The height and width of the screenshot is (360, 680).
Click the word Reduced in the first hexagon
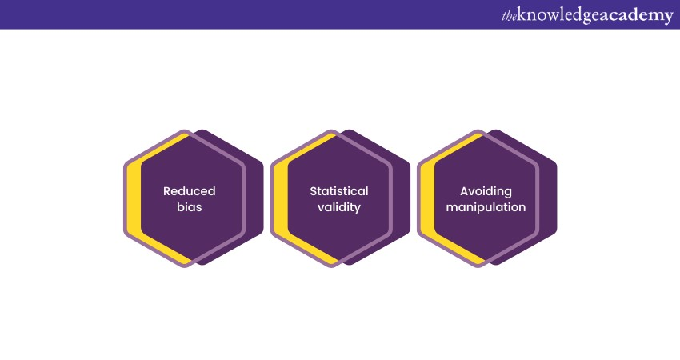click(x=189, y=191)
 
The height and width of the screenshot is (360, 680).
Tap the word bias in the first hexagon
click(x=189, y=207)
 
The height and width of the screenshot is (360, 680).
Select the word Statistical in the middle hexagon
click(x=339, y=191)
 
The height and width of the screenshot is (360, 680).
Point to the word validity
click(x=339, y=208)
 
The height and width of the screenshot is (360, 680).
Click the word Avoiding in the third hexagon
click(x=486, y=192)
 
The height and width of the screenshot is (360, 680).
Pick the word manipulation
click(x=486, y=208)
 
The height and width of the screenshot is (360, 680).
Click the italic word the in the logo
click(x=509, y=17)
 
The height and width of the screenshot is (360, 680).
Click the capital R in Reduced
click(x=167, y=191)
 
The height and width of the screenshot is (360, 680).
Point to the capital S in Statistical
click(x=314, y=191)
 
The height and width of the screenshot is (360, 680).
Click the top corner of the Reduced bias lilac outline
click(x=185, y=130)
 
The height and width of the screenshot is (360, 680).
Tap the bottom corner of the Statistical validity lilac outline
click(x=331, y=266)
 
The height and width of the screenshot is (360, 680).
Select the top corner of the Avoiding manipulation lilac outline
click(x=478, y=130)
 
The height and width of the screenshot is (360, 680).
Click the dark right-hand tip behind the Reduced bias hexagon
click(x=262, y=198)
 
